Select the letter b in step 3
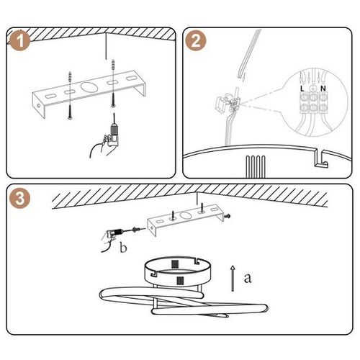pyautogui.click(x=124, y=248)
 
